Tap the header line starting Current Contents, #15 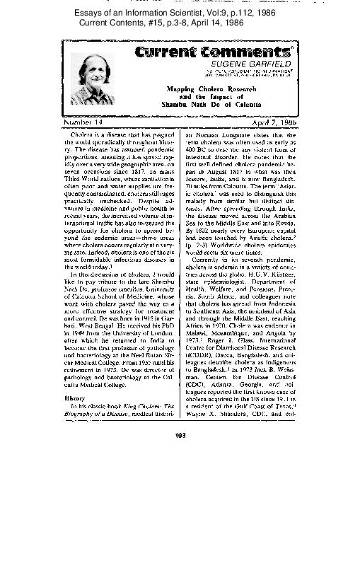pyautogui.click(x=180, y=23)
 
